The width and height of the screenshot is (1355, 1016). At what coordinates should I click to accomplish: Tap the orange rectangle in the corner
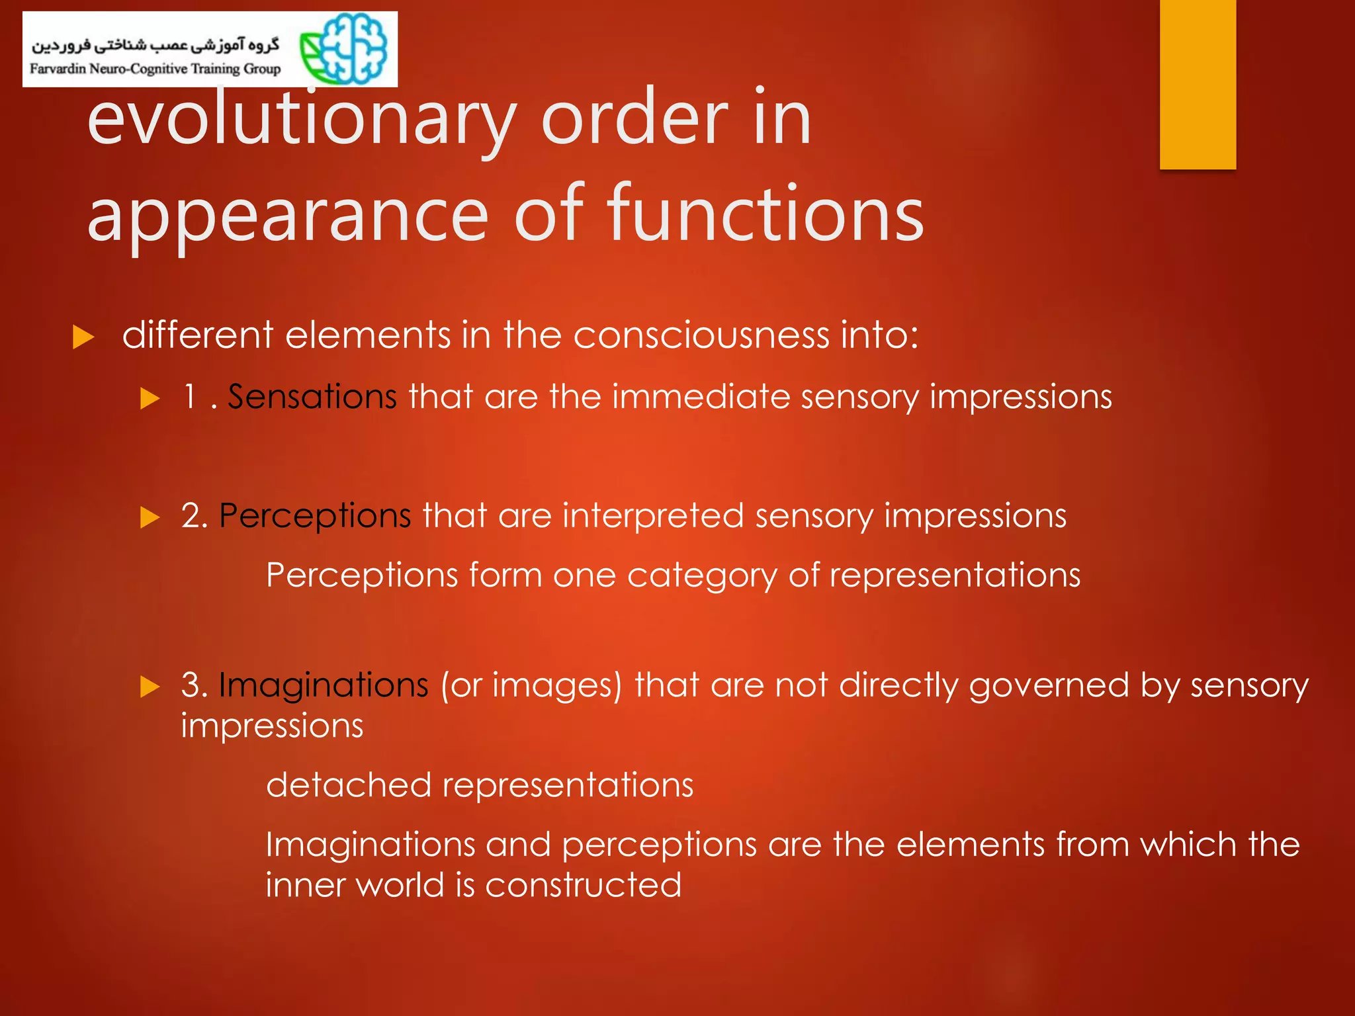click(1198, 84)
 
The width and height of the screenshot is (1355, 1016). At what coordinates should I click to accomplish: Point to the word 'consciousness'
click(701, 335)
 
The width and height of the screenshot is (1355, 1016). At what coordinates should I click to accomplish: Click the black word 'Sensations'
click(312, 397)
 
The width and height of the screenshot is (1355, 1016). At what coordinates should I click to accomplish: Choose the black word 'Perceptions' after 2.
click(315, 515)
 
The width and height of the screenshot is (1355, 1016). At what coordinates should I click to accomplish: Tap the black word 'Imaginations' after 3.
click(324, 685)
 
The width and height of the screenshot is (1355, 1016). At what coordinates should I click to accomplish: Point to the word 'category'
click(702, 575)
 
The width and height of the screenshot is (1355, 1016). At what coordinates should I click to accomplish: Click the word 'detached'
click(348, 785)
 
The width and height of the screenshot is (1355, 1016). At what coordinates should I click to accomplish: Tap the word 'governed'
click(1049, 685)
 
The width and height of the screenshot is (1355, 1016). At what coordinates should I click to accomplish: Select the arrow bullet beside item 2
click(150, 517)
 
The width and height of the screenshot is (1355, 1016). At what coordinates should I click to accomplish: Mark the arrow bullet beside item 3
click(150, 687)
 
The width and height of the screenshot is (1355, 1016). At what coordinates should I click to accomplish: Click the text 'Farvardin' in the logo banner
click(58, 69)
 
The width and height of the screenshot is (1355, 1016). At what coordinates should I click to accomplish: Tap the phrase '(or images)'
click(531, 685)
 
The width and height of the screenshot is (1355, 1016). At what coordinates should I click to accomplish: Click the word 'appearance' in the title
click(288, 214)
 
